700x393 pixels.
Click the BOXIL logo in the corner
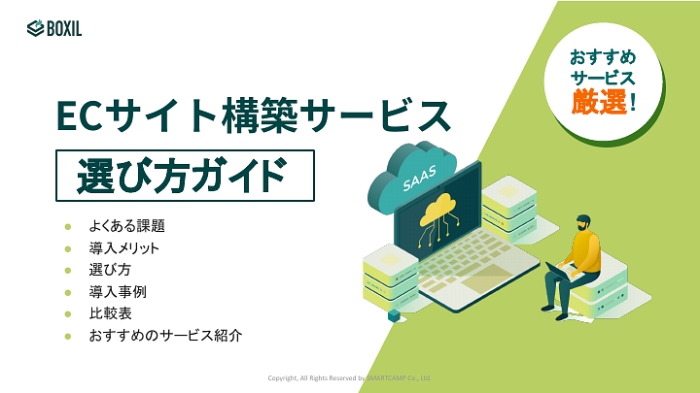tap(54, 28)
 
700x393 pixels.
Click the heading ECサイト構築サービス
tap(253, 116)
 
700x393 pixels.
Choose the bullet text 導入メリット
tap(123, 248)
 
